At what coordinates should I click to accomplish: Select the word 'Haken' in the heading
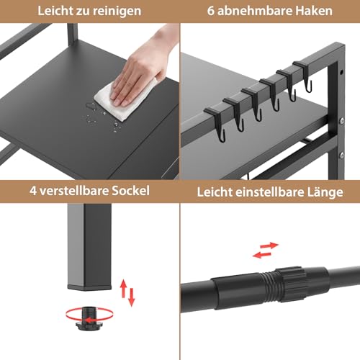click(315, 12)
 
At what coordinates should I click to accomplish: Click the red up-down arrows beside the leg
click(127, 292)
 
